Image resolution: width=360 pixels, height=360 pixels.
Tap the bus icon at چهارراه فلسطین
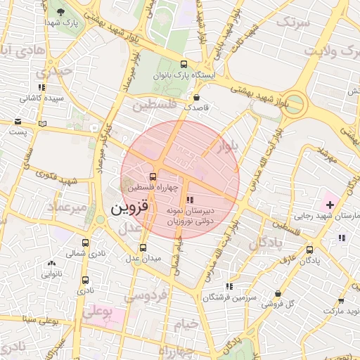[x=153, y=176]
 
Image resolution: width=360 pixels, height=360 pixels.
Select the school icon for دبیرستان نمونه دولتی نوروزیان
[x=190, y=200]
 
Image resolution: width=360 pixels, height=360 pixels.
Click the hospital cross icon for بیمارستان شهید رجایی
[x=330, y=204]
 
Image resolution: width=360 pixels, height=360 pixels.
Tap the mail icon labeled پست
[x=18, y=121]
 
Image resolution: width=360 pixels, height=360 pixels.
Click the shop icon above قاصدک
[x=196, y=97]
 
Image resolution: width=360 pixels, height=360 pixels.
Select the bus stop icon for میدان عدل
[x=143, y=247]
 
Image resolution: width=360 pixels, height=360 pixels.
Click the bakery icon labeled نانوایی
[x=51, y=264]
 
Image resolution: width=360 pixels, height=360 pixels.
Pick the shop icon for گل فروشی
[x=278, y=294]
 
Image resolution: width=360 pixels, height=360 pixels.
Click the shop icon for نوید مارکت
[x=326, y=299]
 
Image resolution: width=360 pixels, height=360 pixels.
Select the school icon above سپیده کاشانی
[x=42, y=87]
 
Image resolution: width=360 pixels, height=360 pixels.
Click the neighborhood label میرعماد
[x=67, y=207]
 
